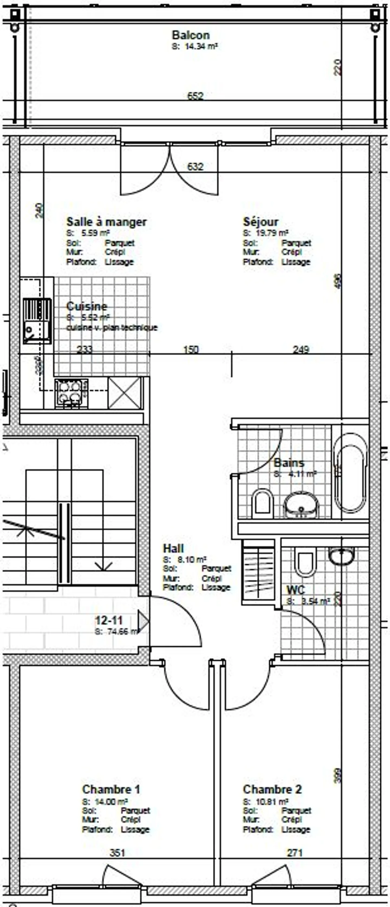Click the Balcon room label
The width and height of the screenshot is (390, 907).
191,35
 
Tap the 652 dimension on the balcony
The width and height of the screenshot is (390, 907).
195,96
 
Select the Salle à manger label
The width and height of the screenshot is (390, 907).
106,222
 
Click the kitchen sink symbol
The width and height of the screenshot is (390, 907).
37,320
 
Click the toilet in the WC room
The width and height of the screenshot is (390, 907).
305,564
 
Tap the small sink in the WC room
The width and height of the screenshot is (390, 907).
341,556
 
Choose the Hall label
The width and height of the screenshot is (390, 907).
173,548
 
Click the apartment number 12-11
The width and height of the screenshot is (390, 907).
109,620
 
